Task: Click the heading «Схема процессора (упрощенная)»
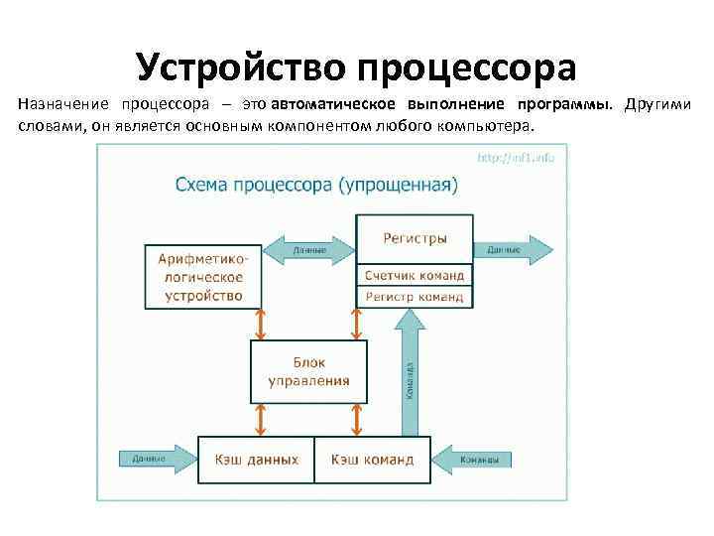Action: coord(316,186)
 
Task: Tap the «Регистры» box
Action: coord(415,239)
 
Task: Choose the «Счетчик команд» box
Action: coord(415,275)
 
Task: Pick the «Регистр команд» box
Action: coord(415,296)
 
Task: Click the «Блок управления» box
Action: coord(308,371)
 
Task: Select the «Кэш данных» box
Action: coord(256,460)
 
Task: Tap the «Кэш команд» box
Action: coord(373,460)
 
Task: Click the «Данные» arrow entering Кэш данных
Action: coord(154,459)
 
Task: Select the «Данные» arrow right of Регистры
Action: coord(510,249)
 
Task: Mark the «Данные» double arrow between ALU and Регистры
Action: coord(308,249)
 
